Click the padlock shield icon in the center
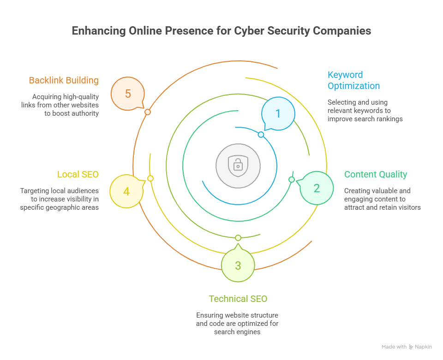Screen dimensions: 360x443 [238, 165]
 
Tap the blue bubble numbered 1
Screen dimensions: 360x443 [278, 113]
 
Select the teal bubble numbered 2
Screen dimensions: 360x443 [317, 188]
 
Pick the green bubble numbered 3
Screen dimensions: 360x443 [238, 266]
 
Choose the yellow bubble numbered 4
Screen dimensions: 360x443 [126, 190]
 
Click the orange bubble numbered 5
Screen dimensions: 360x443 [128, 94]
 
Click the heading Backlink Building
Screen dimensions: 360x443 [64, 80]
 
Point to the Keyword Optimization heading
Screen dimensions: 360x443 [353, 80]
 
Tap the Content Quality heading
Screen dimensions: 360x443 [376, 174]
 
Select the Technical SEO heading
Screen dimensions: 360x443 [238, 299]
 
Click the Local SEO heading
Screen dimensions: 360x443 [78, 174]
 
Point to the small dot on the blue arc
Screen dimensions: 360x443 [261, 135]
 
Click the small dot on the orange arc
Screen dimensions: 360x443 [148, 112]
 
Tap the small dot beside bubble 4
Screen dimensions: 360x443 [150, 178]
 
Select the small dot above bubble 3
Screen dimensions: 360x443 [238, 237]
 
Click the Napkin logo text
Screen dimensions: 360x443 [423, 347]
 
